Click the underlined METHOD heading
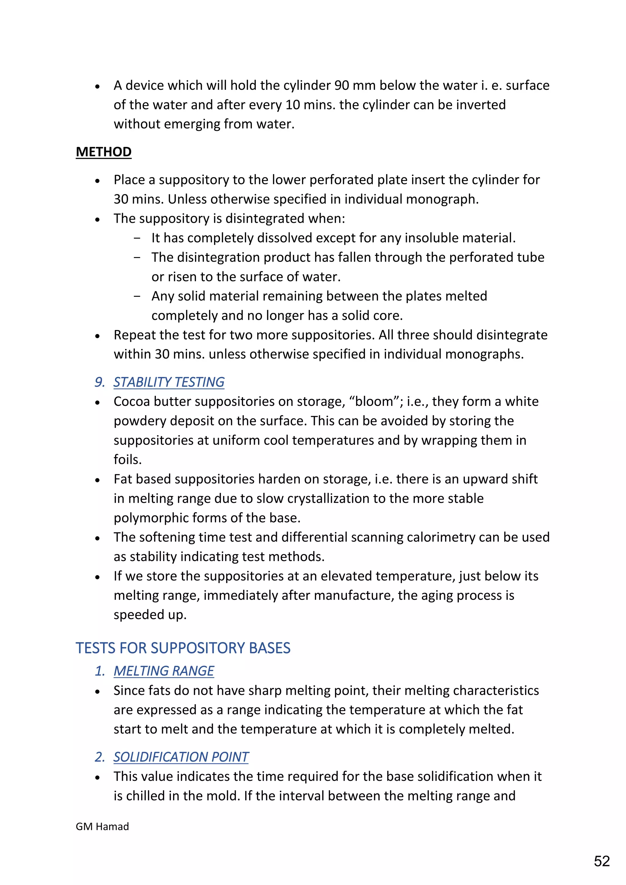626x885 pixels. click(103, 152)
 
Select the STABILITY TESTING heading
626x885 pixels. click(169, 382)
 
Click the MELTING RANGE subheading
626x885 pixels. click(164, 671)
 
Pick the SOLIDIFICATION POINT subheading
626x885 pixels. click(181, 757)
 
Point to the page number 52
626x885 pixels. click(601, 861)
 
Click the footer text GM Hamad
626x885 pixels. click(102, 826)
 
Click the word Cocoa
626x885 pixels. click(131, 401)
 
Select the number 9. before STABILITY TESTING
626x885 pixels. click(99, 382)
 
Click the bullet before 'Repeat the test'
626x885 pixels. click(98, 336)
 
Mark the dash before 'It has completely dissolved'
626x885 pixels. click(137, 238)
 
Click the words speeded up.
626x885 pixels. click(150, 615)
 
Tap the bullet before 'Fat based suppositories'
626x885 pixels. click(98, 480)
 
